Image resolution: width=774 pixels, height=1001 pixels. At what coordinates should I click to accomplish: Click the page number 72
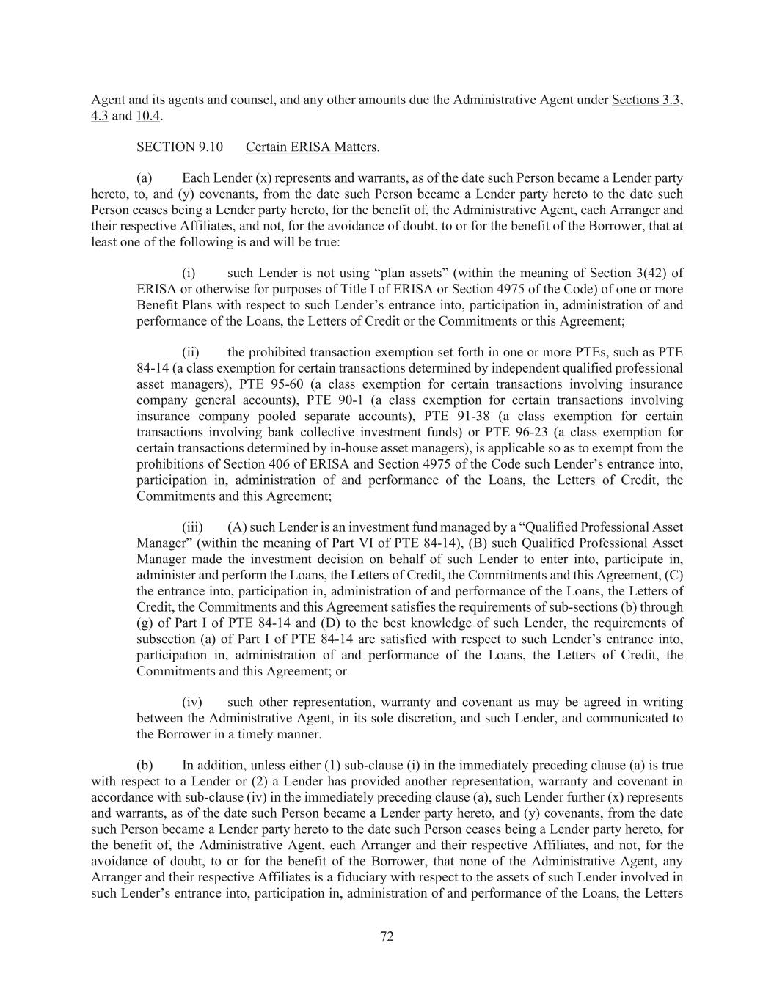387,936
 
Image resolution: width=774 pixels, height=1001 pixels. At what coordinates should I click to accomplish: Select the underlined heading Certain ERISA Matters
312,147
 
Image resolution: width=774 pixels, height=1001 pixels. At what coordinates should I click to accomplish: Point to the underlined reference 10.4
147,115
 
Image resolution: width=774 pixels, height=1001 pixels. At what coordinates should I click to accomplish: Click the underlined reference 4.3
99,115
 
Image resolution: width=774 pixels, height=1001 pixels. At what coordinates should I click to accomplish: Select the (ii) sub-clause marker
191,352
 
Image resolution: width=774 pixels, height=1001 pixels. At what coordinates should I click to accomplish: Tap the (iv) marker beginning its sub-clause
192,703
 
